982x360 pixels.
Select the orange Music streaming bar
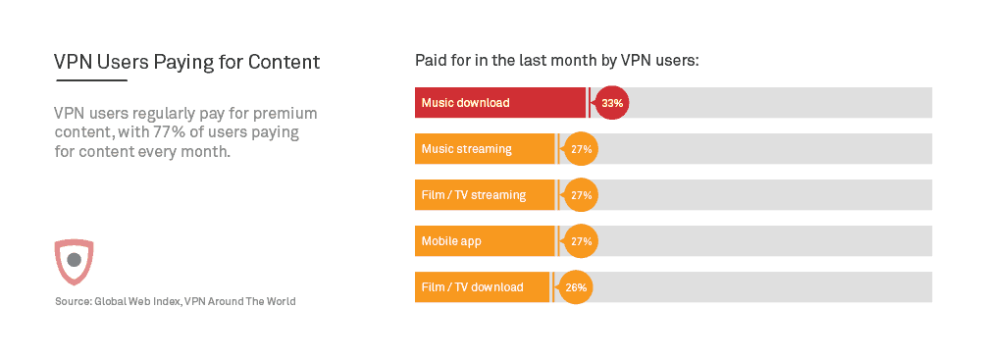485,149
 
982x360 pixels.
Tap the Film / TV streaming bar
485,195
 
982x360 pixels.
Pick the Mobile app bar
485,241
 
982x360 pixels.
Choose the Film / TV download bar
483,287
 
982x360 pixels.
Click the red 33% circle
612,102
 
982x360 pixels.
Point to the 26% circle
576,287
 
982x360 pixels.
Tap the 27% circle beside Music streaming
581,149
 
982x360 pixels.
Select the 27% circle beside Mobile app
581,241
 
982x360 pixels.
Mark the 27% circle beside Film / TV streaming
581,195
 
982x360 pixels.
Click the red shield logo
74,261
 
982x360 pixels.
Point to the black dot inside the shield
74,260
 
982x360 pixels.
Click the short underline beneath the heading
91,80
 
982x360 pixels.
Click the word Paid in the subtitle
432,61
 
